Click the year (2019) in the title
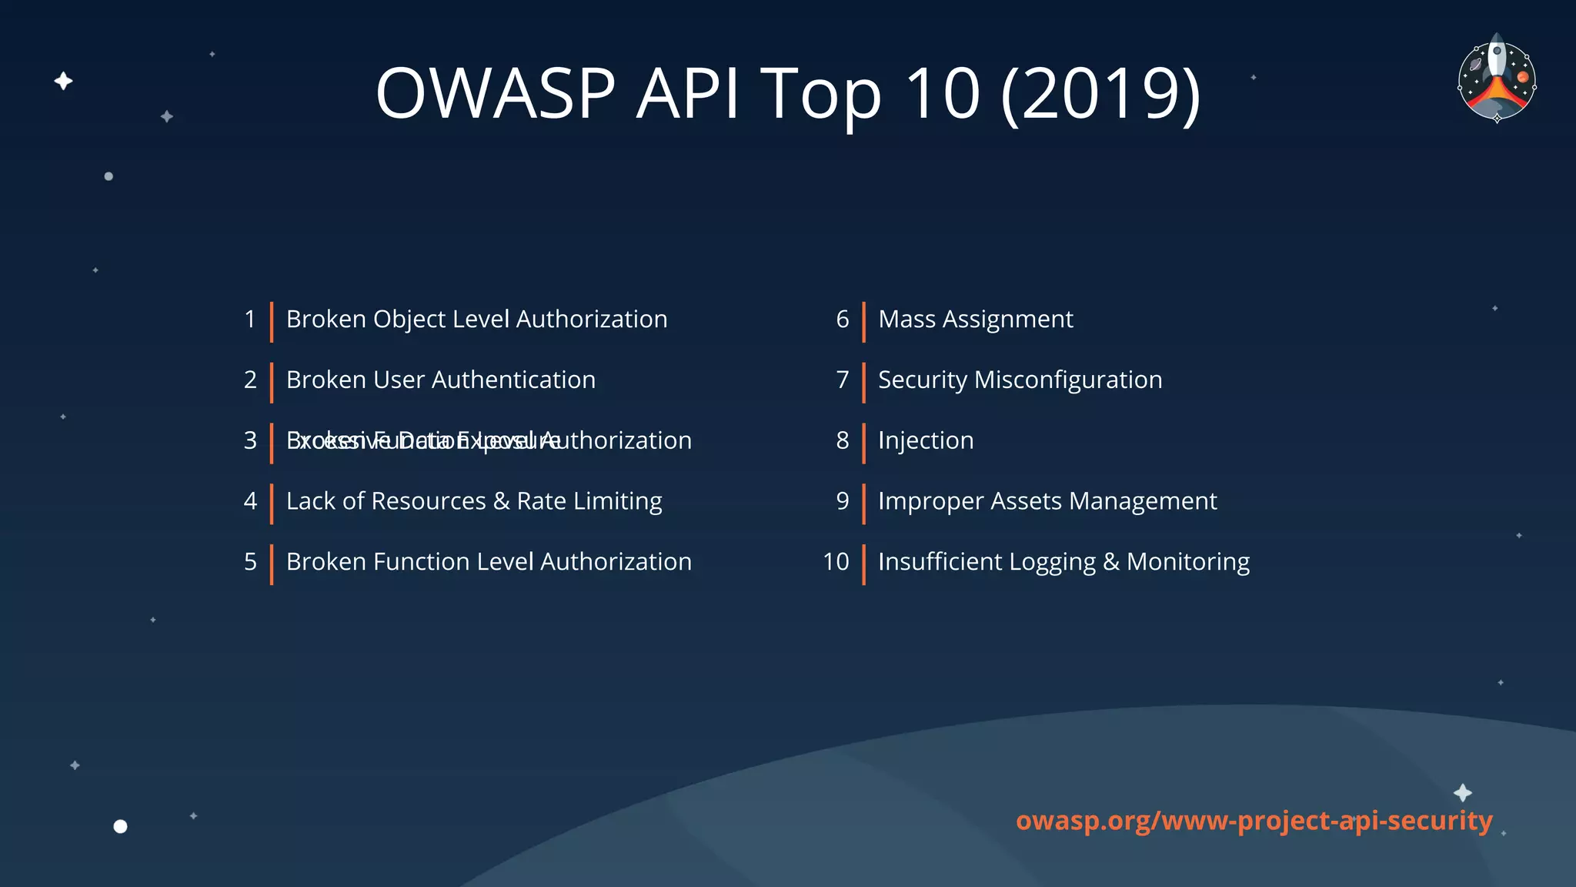point(1100,93)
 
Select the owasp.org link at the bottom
point(1254,821)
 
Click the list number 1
point(250,320)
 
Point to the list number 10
point(836,562)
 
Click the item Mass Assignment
point(975,320)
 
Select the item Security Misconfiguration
point(1020,380)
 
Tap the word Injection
point(926,440)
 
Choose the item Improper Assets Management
point(1047,501)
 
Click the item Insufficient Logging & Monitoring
point(1063,562)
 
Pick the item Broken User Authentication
point(440,380)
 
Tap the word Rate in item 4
point(541,501)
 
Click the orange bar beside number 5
point(272,564)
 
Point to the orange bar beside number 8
point(863,443)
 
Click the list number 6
point(843,320)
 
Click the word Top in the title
point(820,95)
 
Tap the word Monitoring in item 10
point(1188,562)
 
